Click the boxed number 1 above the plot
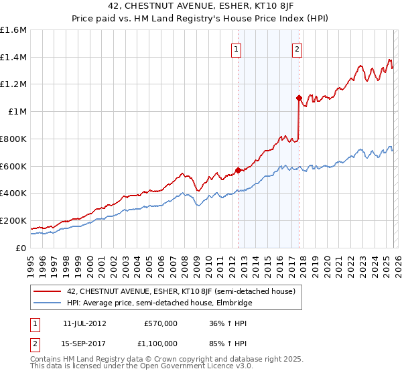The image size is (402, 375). (237, 48)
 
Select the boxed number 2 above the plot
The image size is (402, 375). (297, 48)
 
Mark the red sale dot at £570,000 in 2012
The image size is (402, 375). (238, 170)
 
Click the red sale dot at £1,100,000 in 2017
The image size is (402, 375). (299, 98)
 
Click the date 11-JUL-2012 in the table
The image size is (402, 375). (84, 323)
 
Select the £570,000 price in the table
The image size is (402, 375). (160, 323)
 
